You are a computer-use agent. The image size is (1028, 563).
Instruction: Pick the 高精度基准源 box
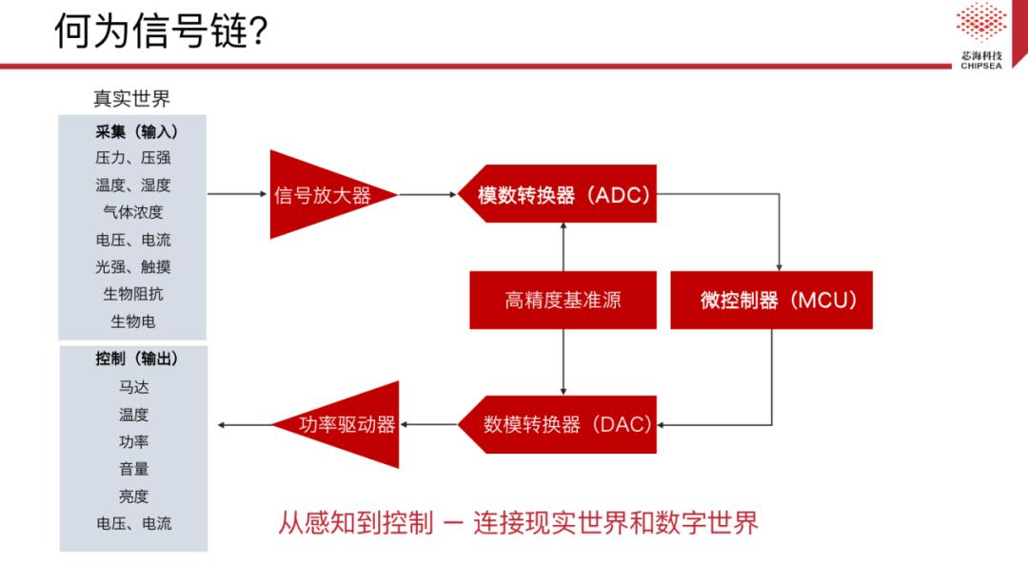[563, 301]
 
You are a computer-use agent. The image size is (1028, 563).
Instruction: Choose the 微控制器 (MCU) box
[771, 301]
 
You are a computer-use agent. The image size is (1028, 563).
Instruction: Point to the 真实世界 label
[131, 99]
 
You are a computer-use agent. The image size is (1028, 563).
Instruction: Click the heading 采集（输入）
[132, 131]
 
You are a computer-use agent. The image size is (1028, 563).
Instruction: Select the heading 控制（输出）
[132, 359]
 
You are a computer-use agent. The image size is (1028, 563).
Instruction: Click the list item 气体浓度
[132, 212]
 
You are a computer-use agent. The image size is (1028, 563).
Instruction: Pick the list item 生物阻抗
[132, 294]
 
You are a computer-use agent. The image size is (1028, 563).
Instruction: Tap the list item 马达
[132, 387]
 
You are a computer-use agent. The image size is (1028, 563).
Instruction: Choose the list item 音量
[132, 469]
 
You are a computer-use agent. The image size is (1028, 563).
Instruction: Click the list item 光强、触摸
[132, 267]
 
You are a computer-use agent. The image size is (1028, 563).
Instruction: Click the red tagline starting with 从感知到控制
[518, 523]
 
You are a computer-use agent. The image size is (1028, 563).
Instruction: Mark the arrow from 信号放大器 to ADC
[428, 195]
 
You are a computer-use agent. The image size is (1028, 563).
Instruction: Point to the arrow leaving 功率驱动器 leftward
[246, 424]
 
